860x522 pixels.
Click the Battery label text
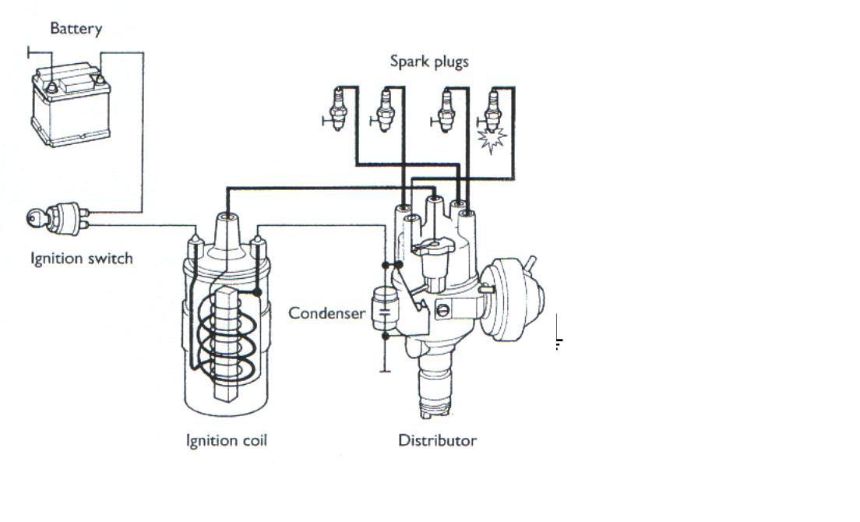76,29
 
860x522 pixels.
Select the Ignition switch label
81,259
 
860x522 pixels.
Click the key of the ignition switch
36,219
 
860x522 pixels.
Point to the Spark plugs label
429,61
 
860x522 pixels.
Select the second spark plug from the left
384,110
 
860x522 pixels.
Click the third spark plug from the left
446,110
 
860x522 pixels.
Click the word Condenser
326,313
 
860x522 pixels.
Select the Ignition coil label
226,441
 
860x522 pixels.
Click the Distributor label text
437,441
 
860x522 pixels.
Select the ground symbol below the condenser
384,370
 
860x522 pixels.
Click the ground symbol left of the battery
30,53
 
